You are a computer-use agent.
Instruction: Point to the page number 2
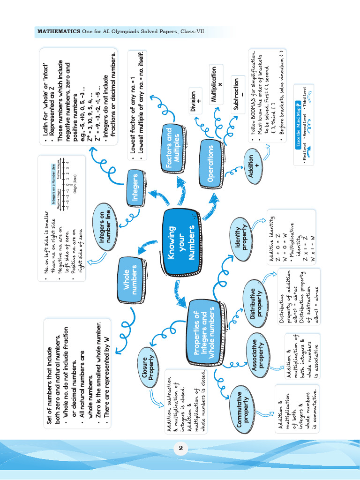(180, 449)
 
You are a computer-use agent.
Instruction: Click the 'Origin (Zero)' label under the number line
(74, 179)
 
